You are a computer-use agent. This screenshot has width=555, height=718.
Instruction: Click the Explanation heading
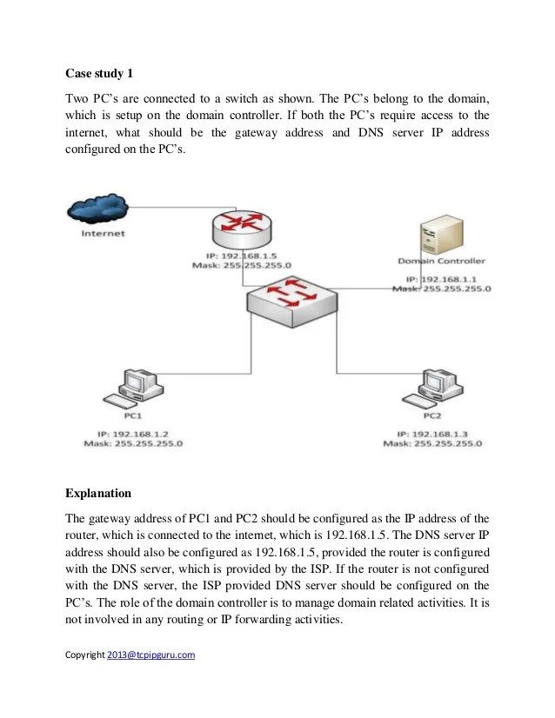[101, 495]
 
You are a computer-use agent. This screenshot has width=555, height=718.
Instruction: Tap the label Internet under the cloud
[103, 233]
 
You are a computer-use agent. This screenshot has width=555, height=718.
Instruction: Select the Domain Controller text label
[441, 261]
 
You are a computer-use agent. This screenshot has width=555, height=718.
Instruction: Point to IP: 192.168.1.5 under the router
[242, 256]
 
